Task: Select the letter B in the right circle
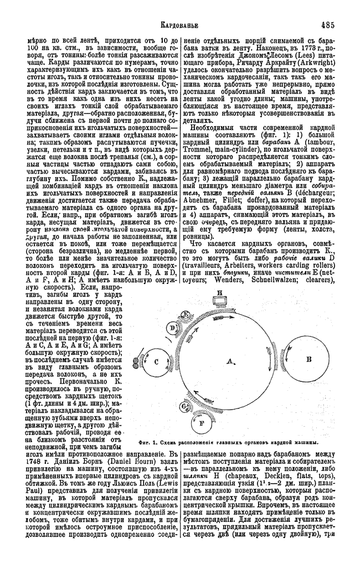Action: [309, 358]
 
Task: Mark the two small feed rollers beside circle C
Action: [136, 364]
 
